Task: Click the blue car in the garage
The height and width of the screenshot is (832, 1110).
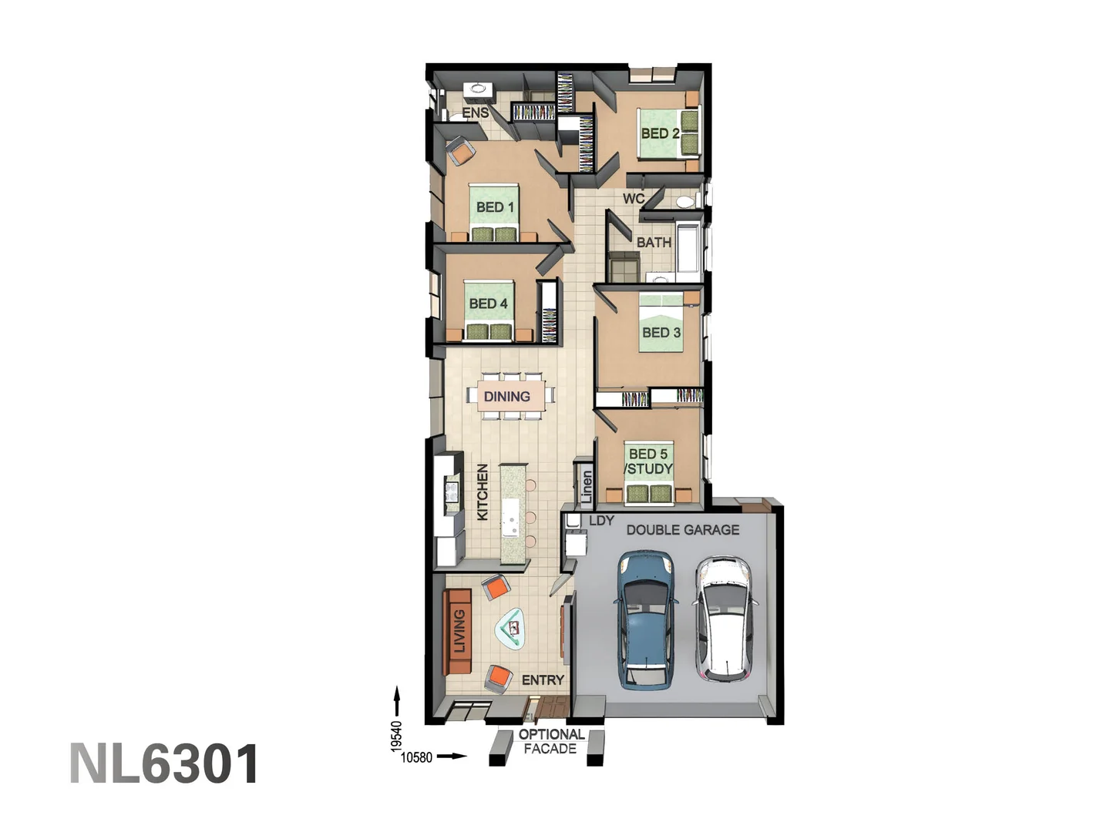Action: [646, 620]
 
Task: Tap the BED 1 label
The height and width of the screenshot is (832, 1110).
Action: [495, 207]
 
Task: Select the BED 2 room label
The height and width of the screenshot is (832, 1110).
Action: [660, 133]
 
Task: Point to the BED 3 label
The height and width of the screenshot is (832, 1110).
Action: [661, 333]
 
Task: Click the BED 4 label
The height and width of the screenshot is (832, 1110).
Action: [488, 304]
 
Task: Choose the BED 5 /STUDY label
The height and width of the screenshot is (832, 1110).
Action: [648, 461]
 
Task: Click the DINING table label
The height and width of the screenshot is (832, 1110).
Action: [506, 397]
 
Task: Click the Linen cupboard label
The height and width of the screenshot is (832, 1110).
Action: [587, 487]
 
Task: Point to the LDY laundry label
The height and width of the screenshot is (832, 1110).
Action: [601, 520]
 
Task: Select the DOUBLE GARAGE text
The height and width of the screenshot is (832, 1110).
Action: [683, 530]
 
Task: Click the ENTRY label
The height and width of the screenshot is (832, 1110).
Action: [543, 680]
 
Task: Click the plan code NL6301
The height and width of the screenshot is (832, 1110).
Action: [164, 764]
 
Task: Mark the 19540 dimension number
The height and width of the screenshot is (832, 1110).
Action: [397, 736]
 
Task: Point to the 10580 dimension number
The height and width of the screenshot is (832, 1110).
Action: [416, 758]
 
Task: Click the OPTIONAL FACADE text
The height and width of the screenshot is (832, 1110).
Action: [550, 742]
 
